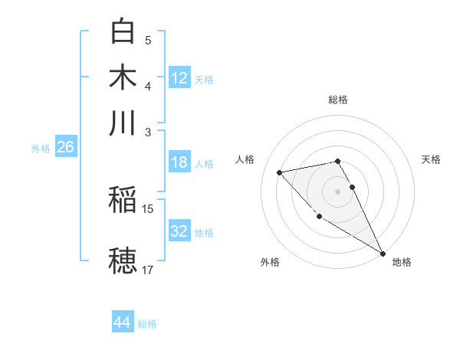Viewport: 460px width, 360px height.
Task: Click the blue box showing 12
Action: pyautogui.click(x=179, y=77)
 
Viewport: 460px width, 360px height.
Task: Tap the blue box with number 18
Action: pyautogui.click(x=179, y=162)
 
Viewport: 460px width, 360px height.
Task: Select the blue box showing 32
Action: pyautogui.click(x=179, y=231)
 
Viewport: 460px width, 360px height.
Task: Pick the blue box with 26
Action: pyautogui.click(x=65, y=147)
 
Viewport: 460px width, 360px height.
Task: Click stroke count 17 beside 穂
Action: pyautogui.click(x=148, y=270)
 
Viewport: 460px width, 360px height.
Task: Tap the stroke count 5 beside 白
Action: pyautogui.click(x=148, y=40)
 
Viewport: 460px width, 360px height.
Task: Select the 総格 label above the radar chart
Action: pyautogui.click(x=338, y=100)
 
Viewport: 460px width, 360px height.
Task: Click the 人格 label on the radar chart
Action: pyautogui.click(x=245, y=159)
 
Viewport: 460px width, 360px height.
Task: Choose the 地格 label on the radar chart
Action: pyautogui.click(x=402, y=262)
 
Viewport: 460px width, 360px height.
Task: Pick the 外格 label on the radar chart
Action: pyautogui.click(x=270, y=262)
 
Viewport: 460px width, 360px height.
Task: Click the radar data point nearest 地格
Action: pyautogui.click(x=383, y=254)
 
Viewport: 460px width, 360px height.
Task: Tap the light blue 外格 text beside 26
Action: pyautogui.click(x=41, y=149)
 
